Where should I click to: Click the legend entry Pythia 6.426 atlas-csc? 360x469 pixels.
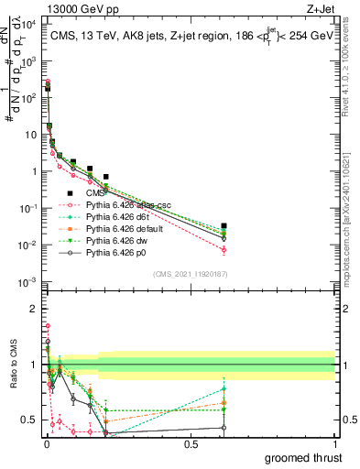125,204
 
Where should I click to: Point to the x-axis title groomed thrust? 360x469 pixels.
305,457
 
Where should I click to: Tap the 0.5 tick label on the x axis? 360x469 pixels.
191,444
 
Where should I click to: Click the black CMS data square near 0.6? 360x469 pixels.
224,225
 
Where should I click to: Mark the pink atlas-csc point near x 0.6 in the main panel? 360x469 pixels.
224,249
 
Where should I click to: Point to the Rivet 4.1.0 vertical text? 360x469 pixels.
352,73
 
